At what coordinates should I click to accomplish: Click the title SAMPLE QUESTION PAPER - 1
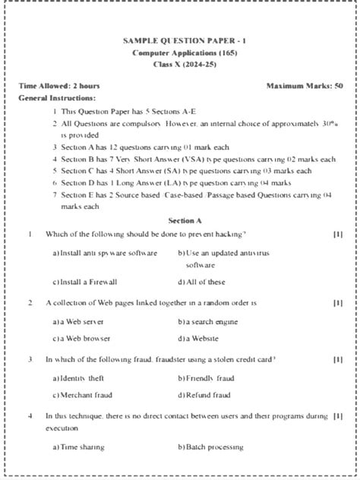179,40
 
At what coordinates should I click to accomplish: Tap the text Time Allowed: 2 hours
59,86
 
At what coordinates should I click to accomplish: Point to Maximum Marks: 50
305,86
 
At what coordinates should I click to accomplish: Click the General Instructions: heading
57,98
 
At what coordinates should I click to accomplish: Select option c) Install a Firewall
85,282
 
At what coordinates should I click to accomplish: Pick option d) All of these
201,282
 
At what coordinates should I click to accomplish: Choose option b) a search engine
207,322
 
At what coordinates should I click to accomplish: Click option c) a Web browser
81,339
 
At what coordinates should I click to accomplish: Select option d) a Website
198,339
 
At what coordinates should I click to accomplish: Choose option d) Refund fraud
204,395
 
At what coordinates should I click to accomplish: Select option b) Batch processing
210,447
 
